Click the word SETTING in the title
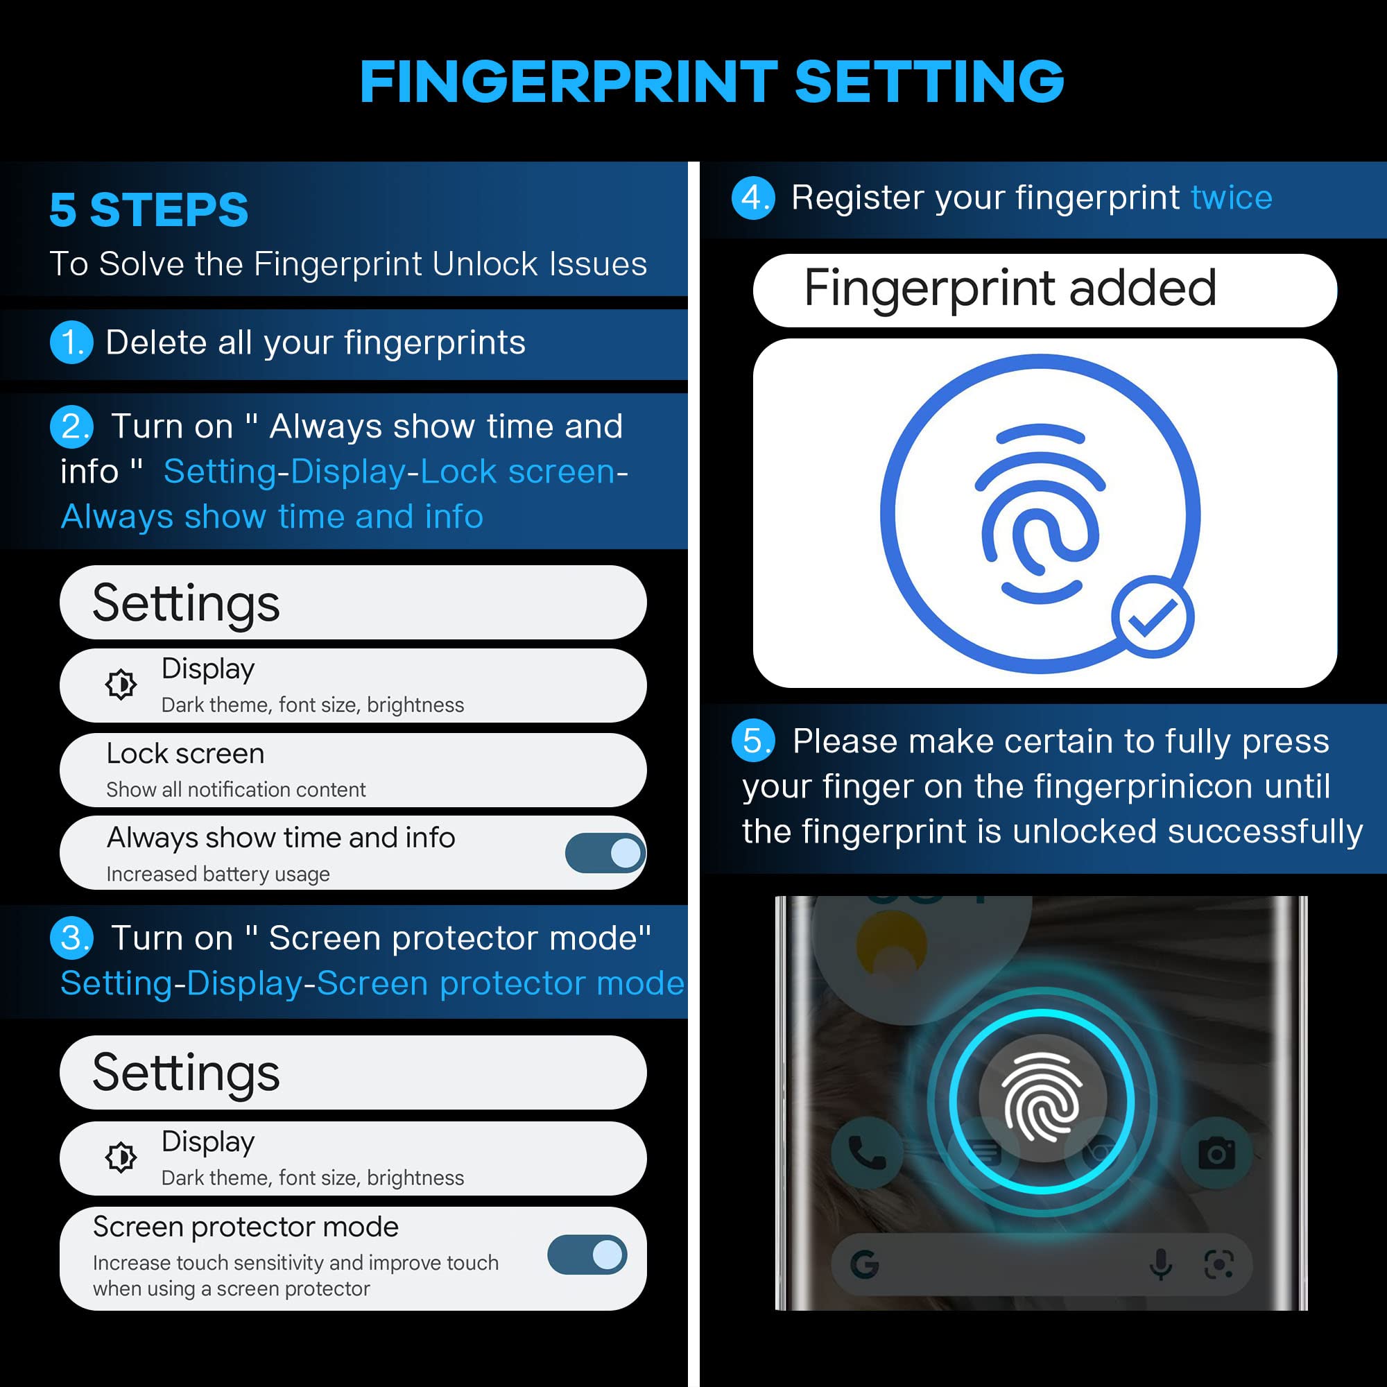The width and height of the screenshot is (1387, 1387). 929,81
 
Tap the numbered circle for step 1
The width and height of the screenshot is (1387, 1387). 71,343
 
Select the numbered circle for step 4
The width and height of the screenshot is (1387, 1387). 753,198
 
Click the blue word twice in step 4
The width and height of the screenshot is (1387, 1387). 1231,198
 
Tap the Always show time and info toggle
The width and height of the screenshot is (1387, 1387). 605,853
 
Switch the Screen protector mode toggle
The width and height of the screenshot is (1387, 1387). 587,1255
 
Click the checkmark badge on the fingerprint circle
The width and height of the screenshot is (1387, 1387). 1152,617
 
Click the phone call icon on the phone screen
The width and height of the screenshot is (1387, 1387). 865,1152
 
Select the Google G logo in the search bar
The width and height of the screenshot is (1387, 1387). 864,1264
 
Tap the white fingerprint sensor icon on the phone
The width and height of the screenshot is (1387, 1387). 1042,1096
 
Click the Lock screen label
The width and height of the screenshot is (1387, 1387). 185,754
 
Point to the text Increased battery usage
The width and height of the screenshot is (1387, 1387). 218,875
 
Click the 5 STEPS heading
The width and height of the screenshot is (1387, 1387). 148,209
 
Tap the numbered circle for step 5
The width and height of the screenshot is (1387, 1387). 753,740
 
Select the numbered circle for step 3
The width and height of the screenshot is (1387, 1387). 71,938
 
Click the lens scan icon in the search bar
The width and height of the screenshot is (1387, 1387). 1218,1264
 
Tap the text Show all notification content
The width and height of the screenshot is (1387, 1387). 236,790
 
